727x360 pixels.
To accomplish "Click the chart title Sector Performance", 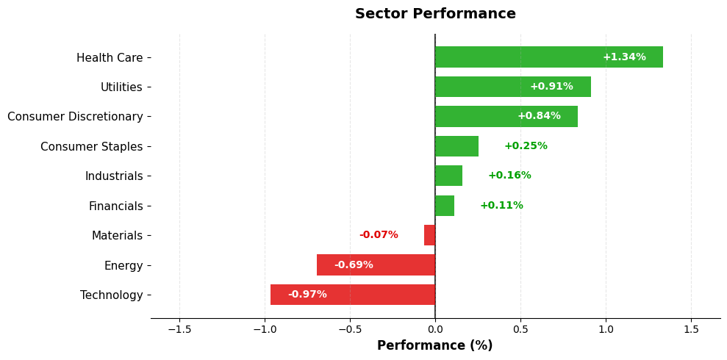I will tap(435, 14).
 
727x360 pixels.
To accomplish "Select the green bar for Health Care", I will tap(548, 57).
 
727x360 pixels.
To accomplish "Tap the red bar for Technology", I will tap(353, 295).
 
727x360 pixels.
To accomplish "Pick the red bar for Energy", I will tap(376, 265).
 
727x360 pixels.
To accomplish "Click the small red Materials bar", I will tap(429, 235).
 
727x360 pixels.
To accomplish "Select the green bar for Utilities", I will tap(512, 87).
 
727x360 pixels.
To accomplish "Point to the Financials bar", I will tap(445, 206).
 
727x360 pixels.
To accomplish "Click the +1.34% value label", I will tap(624, 57).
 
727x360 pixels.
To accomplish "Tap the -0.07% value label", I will tap(379, 235).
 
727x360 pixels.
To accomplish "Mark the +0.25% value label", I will tap(526, 146).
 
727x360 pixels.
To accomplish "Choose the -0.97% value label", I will tap(307, 295).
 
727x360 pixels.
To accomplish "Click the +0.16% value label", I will tap(509, 176).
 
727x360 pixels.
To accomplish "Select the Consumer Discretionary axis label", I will tap(75, 117).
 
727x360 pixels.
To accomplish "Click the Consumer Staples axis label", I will tap(91, 147).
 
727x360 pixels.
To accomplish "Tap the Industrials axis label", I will tap(114, 176).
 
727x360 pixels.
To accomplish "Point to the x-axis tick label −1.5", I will tap(179, 330).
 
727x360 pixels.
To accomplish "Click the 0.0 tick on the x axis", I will tap(435, 330).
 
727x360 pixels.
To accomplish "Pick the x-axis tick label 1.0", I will tap(606, 330).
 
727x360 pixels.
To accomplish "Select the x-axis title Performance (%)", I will tap(434, 346).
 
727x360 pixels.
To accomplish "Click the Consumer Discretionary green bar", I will tap(506, 117).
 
